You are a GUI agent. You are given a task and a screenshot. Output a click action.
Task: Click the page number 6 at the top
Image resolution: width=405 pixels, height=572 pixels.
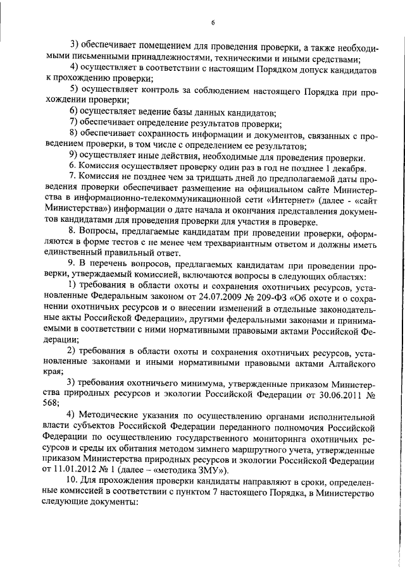click(x=213, y=23)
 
